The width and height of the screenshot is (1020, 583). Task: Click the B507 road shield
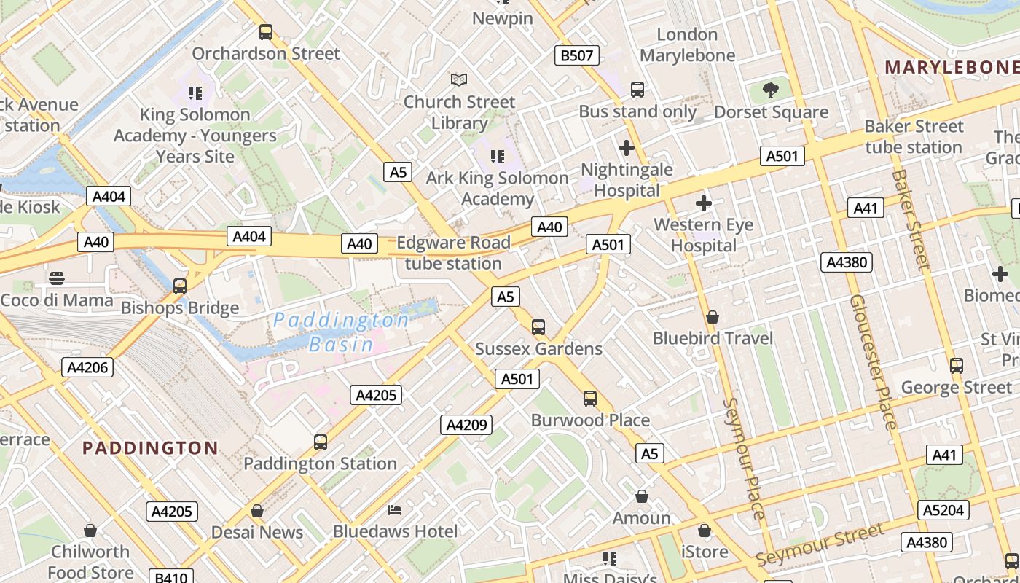tap(576, 55)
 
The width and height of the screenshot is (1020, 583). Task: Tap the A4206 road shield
tap(87, 367)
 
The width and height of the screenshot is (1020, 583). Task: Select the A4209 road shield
tap(466, 425)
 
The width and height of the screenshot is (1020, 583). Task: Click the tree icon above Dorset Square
tap(771, 90)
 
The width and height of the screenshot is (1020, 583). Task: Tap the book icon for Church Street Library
tap(459, 79)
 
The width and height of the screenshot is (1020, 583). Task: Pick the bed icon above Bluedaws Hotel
tap(395, 509)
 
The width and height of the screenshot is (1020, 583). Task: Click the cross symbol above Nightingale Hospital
tap(626, 149)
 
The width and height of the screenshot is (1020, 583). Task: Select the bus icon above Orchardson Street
tap(266, 32)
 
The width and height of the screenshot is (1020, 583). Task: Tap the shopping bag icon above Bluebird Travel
tap(713, 317)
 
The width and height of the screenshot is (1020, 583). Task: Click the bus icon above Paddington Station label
tap(320, 442)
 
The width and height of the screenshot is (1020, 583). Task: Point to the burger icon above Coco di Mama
tap(57, 278)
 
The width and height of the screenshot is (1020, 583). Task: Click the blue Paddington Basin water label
tap(341, 332)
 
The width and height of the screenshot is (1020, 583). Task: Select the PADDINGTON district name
tap(150, 447)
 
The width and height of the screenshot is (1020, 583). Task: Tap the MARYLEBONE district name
tap(951, 67)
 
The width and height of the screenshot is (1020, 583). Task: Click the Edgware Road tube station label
tap(453, 253)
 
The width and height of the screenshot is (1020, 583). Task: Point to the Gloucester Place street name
tap(872, 362)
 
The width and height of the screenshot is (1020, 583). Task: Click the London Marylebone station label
tap(687, 44)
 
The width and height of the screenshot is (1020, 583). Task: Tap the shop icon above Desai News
tap(256, 511)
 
